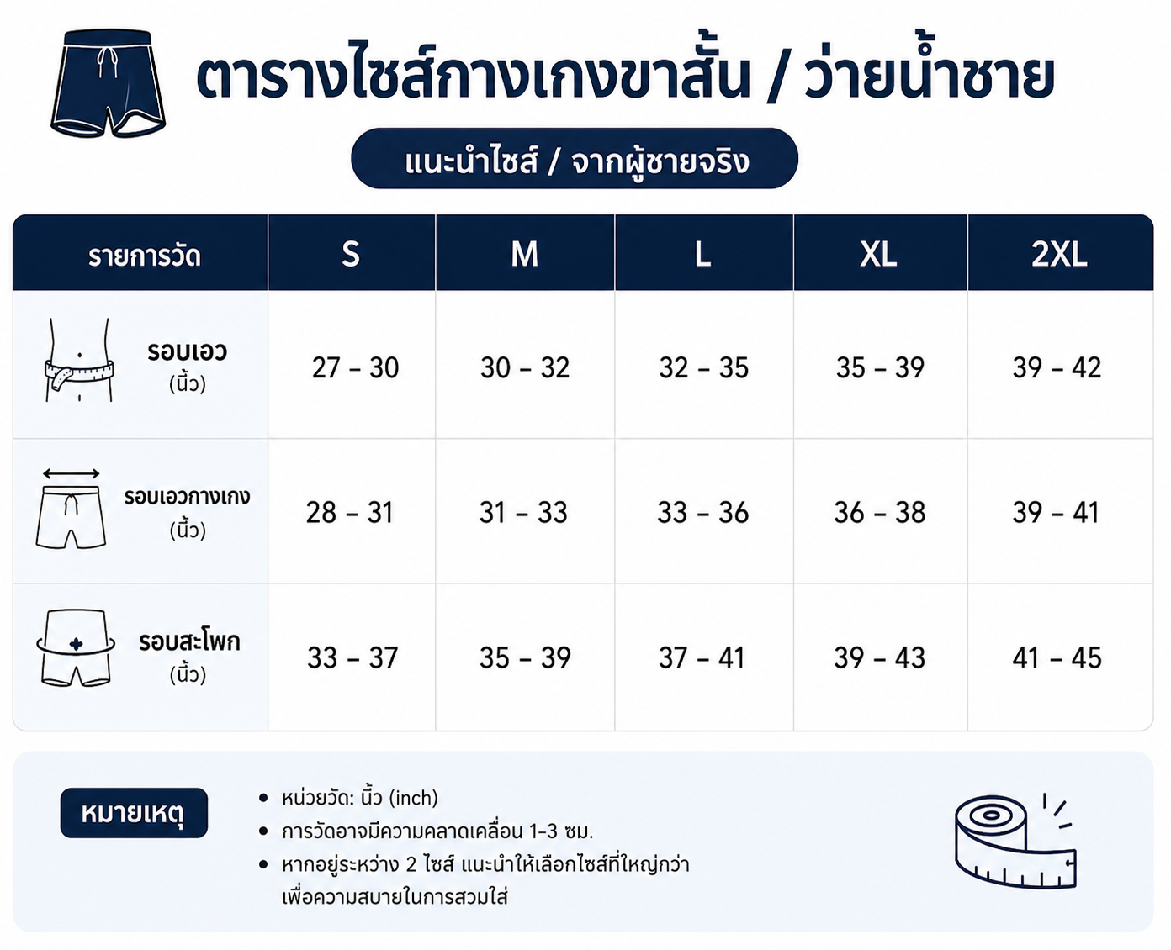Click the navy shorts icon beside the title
pyautogui.click(x=108, y=82)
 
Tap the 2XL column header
pyautogui.click(x=1059, y=255)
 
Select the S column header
pyautogui.click(x=351, y=255)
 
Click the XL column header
pyautogui.click(x=878, y=255)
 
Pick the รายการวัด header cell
pyautogui.click(x=145, y=256)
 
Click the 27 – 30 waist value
pyautogui.click(x=355, y=367)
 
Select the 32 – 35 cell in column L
pyautogui.click(x=704, y=367)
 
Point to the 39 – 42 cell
pyautogui.click(x=1057, y=367)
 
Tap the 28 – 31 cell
pyautogui.click(x=350, y=512)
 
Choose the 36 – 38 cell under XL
pyautogui.click(x=880, y=512)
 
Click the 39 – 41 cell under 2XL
pyautogui.click(x=1056, y=512)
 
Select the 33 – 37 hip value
pyautogui.click(x=352, y=657)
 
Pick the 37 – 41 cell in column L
pyautogui.click(x=702, y=657)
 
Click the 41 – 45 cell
pyautogui.click(x=1057, y=657)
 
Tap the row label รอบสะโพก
pyautogui.click(x=189, y=641)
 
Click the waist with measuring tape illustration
pyautogui.click(x=79, y=359)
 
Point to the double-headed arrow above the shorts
pyautogui.click(x=72, y=473)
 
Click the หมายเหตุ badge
pyautogui.click(x=134, y=813)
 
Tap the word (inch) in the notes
pyautogui.click(x=413, y=798)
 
